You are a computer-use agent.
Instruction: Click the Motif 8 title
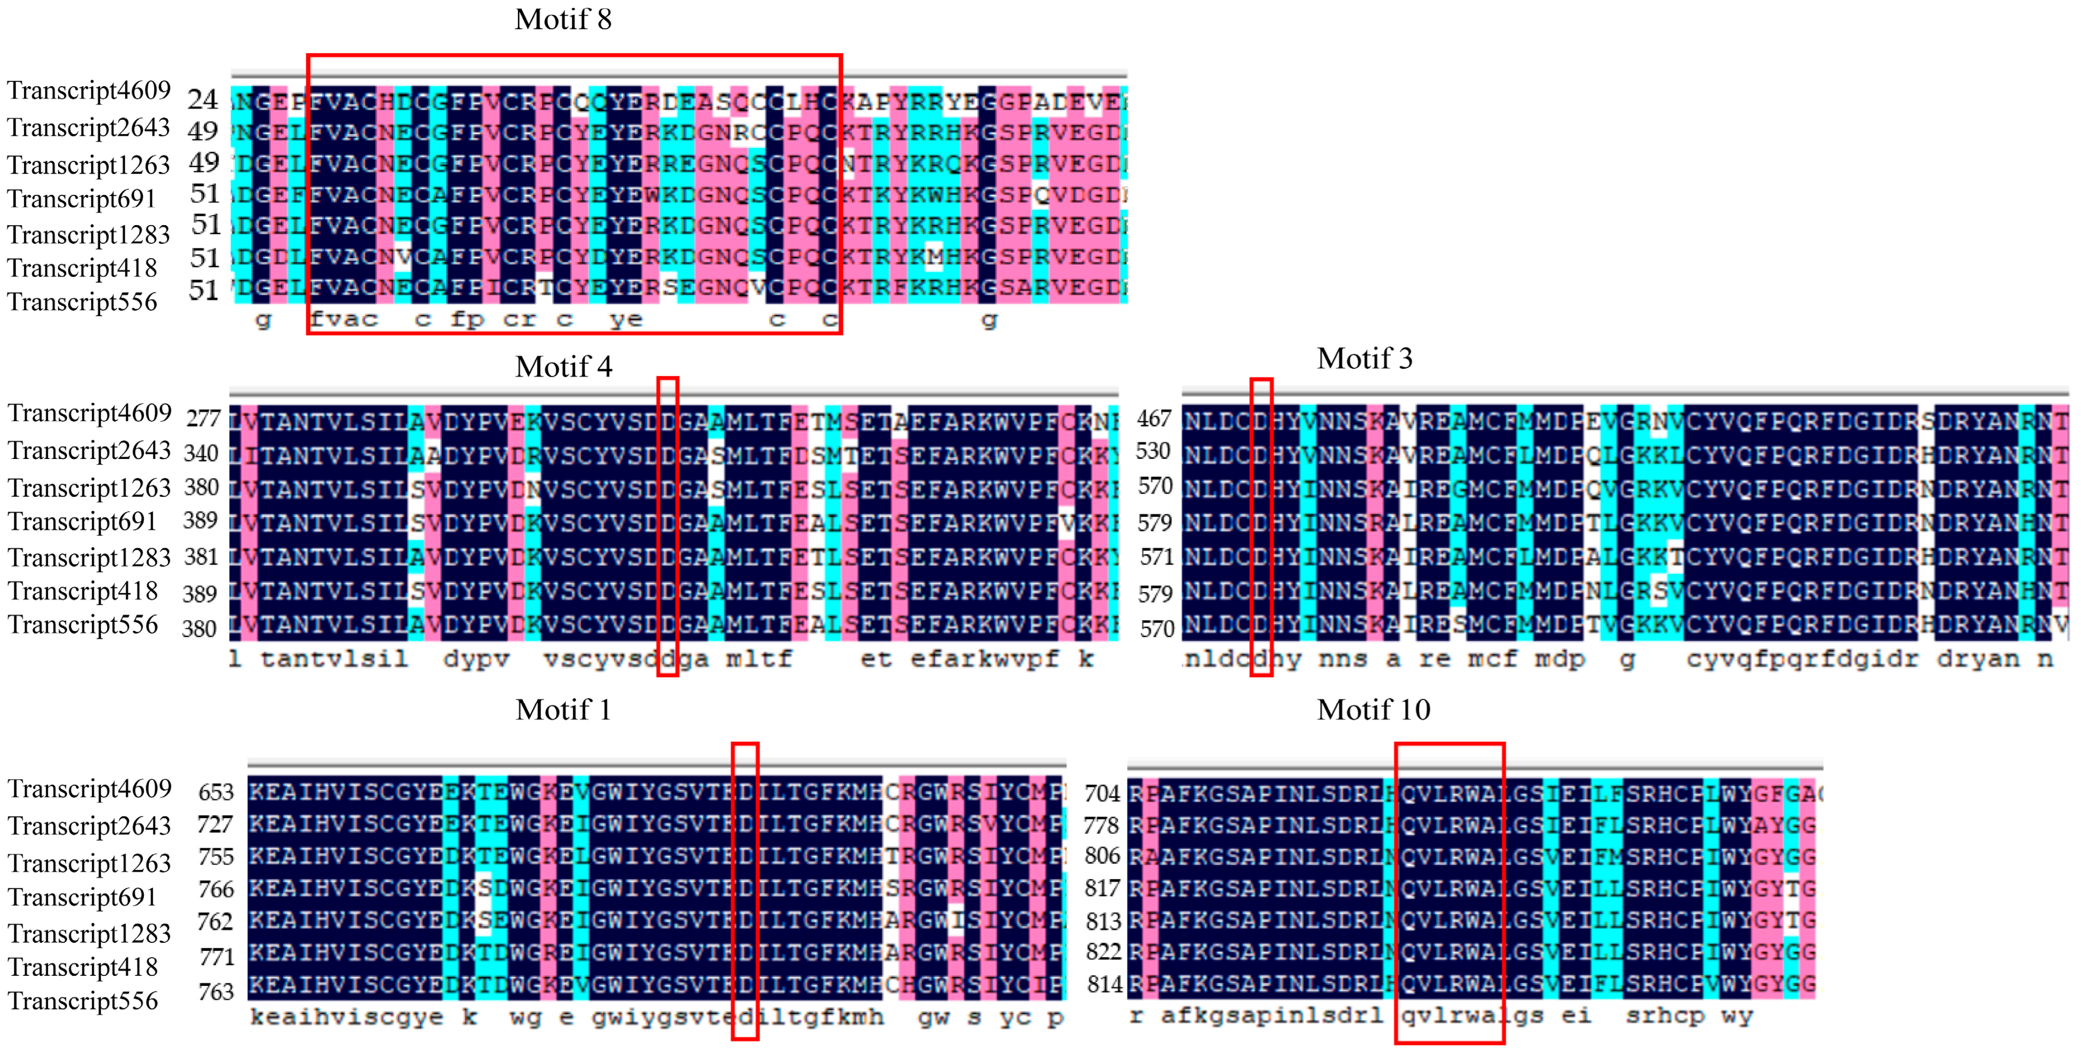[563, 19]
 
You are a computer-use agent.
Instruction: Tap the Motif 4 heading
[563, 367]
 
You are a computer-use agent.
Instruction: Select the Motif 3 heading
[1365, 358]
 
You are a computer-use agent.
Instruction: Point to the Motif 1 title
[563, 710]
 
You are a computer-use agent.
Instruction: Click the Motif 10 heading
[1373, 710]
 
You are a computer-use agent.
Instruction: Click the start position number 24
[203, 100]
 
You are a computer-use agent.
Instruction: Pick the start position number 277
[203, 418]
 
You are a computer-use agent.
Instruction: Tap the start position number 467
[1154, 418]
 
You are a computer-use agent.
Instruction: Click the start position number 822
[1103, 952]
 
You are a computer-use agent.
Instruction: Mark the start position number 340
[201, 453]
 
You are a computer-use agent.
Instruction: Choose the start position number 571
[1156, 557]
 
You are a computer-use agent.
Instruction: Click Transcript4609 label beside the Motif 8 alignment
[89, 91]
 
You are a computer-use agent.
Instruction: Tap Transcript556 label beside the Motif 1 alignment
[82, 1001]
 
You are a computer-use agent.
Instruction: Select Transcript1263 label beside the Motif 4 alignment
[89, 488]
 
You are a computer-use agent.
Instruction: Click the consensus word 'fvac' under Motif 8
[344, 319]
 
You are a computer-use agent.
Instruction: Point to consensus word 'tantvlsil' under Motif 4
[334, 659]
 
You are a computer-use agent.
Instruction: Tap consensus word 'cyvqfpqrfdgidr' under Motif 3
[1802, 659]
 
